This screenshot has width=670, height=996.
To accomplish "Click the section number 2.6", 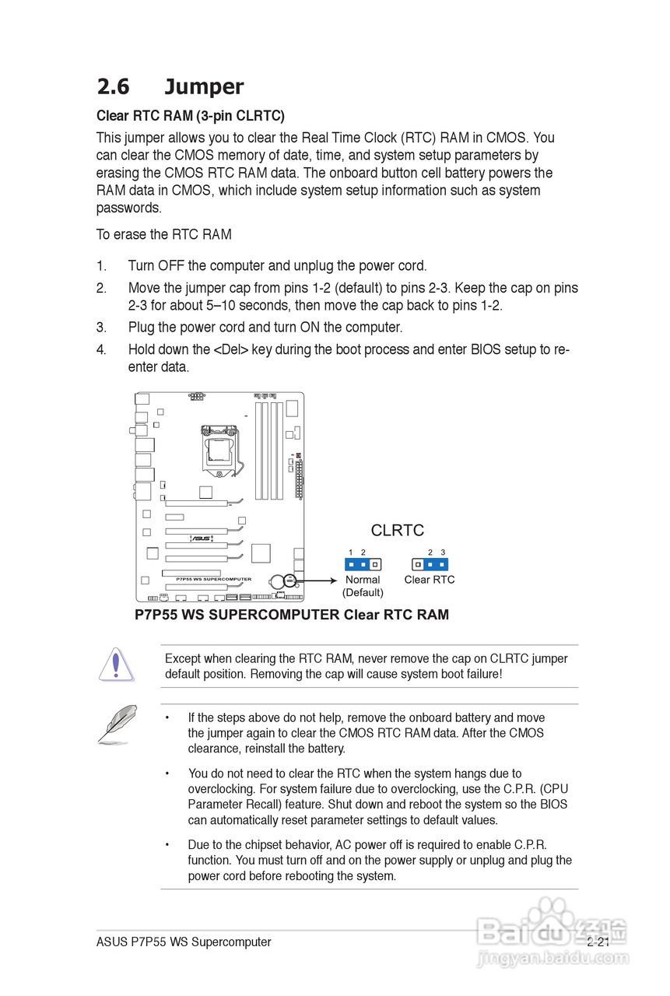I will (114, 86).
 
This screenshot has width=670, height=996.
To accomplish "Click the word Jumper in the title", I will (204, 86).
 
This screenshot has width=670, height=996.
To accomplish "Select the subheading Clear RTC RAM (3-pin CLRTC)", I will (191, 116).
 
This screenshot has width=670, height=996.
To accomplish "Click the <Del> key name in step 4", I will (231, 349).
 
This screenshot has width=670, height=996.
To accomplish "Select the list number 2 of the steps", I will (101, 288).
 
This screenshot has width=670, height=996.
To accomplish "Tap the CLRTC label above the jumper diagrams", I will (398, 530).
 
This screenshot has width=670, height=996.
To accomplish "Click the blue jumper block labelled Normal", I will (363, 563).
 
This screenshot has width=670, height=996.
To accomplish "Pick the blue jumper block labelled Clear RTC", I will (430, 563).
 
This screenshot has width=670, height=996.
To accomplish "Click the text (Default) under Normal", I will (363, 593).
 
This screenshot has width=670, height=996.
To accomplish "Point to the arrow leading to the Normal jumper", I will (319, 580).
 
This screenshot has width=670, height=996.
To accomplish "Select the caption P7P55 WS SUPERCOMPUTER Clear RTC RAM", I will (292, 615).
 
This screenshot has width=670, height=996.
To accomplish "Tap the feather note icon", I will (118, 724).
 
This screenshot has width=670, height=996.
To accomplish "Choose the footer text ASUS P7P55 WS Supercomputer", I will (184, 942).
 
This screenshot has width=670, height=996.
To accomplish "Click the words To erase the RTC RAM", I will (163, 234).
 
